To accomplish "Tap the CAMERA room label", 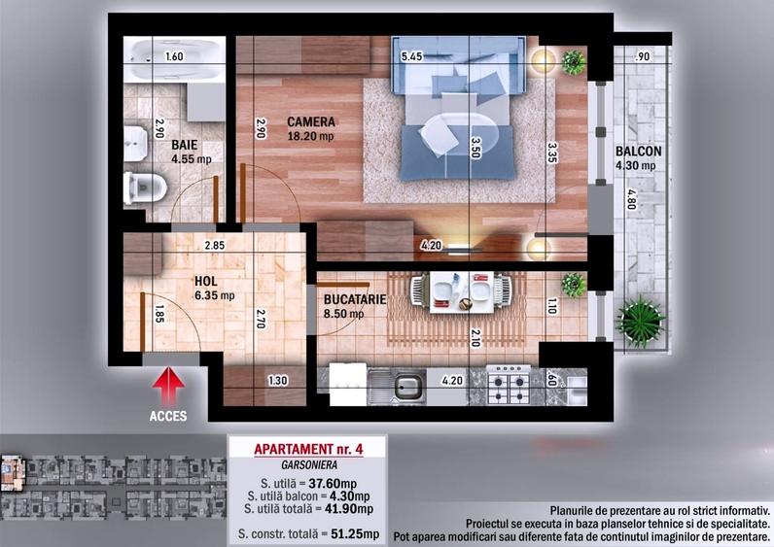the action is tap(311, 121).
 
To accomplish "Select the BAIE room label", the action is tap(185, 145).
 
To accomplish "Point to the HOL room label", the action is tap(206, 281).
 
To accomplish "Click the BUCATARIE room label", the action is tap(355, 299).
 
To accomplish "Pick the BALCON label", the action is tap(638, 152).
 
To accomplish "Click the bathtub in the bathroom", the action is tap(174, 59).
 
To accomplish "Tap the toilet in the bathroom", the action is tap(145, 188).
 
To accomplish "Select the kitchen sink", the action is tap(398, 388).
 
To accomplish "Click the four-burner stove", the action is tap(509, 385).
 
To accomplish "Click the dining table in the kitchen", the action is tap(462, 292).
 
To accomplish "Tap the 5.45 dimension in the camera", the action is tap(411, 56).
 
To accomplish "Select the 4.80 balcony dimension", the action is tap(631, 199).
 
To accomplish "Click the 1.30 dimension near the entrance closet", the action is tap(278, 381).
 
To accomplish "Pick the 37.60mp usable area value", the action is tap(333, 484).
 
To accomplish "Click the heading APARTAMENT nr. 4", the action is tap(308, 449).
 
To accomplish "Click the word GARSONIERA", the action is tap(309, 465).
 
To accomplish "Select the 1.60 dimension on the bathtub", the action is tap(174, 56).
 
